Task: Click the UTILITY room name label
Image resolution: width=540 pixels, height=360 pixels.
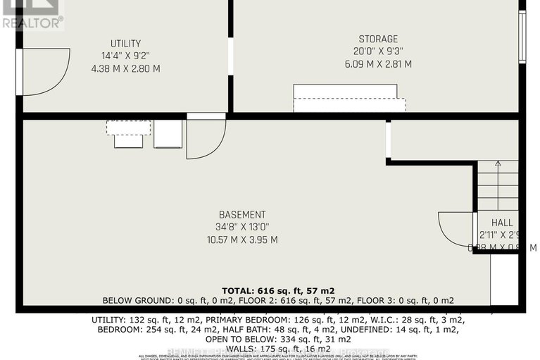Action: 125,44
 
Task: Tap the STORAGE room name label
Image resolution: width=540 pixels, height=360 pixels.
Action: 377,39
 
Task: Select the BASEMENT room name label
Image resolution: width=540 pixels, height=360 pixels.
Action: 241,215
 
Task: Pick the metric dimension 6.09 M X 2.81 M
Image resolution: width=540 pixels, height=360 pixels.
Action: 377,63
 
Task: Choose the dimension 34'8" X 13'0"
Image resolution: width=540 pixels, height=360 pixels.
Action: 241,227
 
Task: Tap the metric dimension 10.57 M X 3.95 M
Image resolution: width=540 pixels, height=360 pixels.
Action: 241,240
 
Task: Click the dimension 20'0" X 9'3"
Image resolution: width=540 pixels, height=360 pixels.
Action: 377,51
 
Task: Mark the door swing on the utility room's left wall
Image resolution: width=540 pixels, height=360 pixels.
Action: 44,70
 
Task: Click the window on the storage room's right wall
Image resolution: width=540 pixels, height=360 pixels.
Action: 522,37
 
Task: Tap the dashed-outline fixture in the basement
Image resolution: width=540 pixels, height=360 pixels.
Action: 128,128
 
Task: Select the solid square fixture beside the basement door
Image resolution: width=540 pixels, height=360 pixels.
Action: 168,134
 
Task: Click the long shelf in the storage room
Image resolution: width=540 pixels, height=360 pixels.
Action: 349,98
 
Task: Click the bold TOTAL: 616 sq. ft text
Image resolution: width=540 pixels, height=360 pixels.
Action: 278,290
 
